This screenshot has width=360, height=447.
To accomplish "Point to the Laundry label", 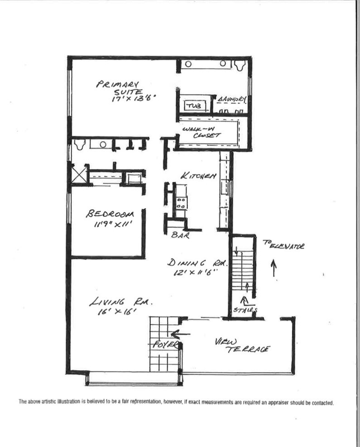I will point(231,99).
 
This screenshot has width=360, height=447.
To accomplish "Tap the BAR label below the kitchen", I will point(181,235).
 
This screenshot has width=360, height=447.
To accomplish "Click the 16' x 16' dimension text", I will point(115,312).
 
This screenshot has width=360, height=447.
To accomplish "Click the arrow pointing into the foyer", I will point(181,335).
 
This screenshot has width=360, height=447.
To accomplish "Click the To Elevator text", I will point(283,246).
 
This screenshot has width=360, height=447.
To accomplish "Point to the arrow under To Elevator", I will point(274,267).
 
